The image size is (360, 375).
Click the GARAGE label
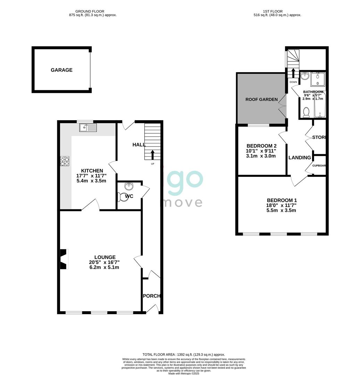61,70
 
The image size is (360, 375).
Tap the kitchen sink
88,128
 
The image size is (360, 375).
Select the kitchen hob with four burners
64,161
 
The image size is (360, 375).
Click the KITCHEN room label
92,170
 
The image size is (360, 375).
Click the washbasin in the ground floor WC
129,186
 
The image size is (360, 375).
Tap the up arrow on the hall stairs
152,155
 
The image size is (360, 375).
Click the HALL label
139,144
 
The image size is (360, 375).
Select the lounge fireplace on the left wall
63,259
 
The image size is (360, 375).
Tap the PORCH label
152,296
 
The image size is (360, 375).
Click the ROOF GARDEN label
261,99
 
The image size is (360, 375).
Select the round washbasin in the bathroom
305,76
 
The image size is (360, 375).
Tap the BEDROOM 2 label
261,145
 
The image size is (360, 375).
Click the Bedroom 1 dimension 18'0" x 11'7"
282,205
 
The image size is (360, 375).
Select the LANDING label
300,158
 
